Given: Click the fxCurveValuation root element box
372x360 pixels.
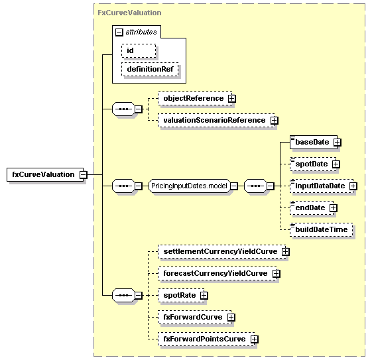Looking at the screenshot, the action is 45,174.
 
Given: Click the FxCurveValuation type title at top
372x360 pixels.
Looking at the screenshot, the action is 129,13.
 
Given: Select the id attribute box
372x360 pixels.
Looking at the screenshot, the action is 139,50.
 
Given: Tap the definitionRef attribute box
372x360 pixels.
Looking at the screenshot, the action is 150,69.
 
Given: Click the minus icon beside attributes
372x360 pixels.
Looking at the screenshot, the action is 119,32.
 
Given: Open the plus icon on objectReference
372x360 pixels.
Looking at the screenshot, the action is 232,98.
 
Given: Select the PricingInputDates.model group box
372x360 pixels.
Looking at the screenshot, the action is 189,186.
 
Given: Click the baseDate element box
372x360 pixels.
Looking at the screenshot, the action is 314,143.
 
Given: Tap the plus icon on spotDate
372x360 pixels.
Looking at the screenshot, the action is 336,164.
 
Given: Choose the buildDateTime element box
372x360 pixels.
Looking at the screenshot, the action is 321,229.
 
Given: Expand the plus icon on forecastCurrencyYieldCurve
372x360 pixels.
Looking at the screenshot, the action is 276,273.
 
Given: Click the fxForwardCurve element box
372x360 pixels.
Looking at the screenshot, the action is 194,317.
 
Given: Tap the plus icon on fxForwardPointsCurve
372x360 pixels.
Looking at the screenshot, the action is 255,339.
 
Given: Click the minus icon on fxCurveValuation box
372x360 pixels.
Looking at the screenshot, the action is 84,175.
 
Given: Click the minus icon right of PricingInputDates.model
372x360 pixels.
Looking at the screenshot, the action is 233,186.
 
